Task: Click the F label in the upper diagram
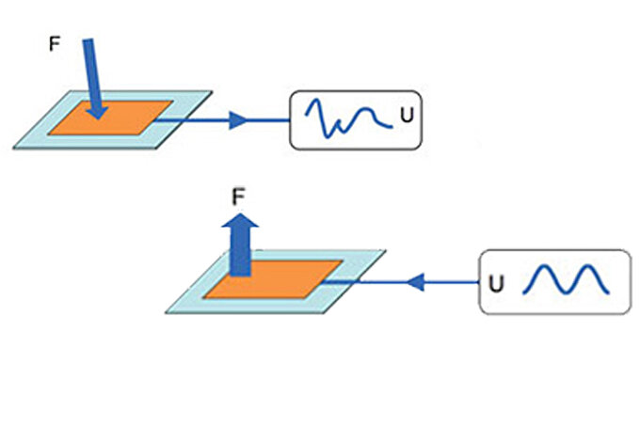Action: coord(55,43)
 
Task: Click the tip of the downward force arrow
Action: coord(99,118)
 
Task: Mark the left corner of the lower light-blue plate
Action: coord(167,312)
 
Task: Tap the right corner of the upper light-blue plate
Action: coord(214,92)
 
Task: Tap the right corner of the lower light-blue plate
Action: coord(386,250)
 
